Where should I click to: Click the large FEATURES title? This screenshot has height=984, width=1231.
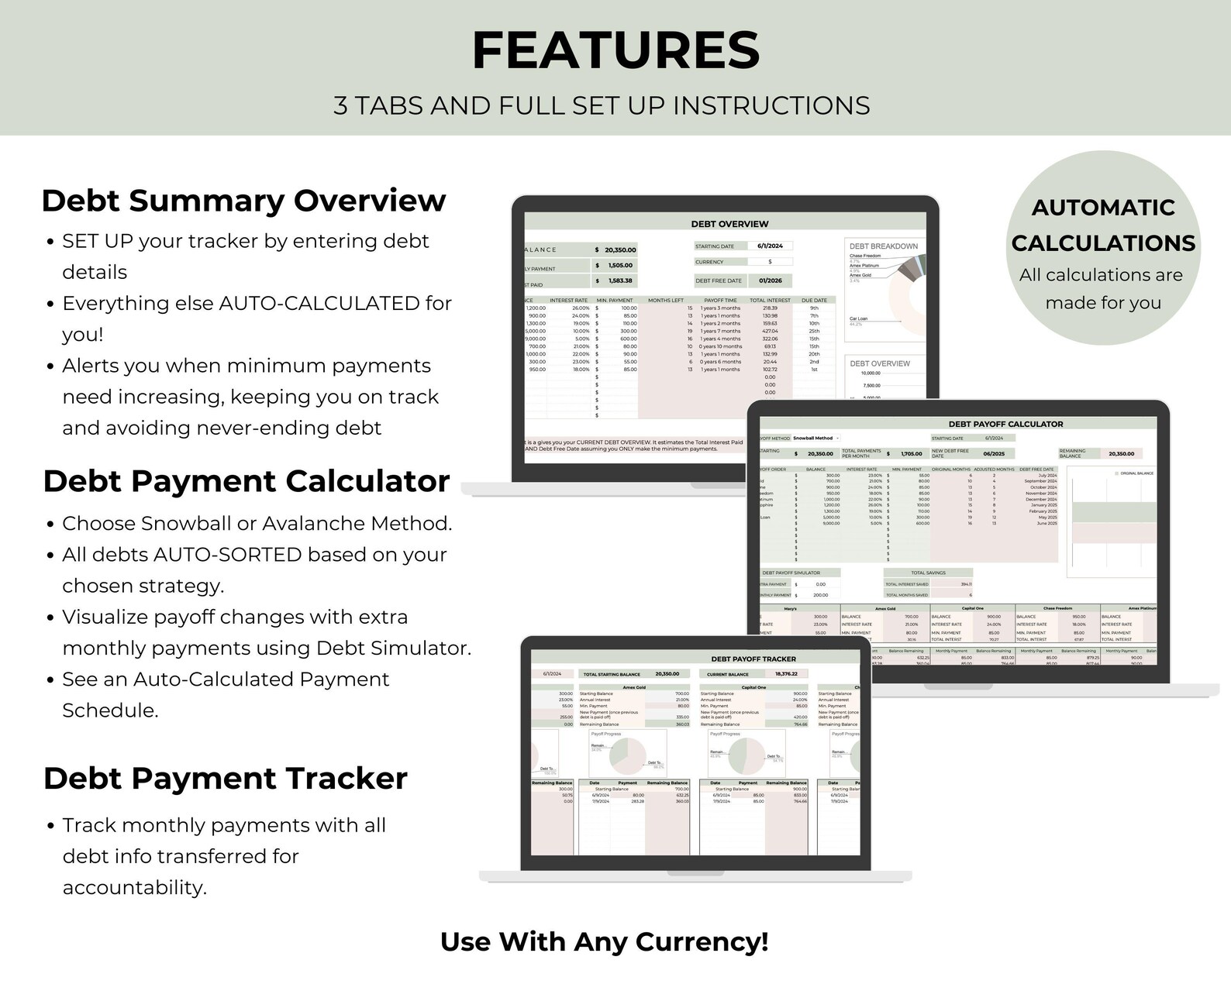(x=615, y=51)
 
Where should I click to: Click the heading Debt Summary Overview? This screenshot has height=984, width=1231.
(x=243, y=201)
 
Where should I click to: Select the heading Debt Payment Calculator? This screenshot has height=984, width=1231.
(x=247, y=481)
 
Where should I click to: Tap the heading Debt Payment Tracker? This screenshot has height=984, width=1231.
(x=225, y=779)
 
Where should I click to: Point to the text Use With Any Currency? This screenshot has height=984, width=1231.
(x=604, y=941)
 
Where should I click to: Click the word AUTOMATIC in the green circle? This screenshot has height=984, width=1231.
(x=1102, y=208)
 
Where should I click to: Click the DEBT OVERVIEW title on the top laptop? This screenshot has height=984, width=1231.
(x=729, y=224)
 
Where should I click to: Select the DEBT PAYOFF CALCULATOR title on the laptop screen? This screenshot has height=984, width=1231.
(x=1005, y=424)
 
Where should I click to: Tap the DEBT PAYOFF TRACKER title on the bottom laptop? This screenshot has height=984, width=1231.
(x=753, y=659)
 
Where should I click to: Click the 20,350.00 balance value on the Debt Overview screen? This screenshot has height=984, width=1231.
(x=620, y=249)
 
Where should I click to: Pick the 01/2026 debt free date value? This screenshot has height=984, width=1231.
(x=770, y=280)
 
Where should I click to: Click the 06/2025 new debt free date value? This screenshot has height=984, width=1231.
(x=993, y=454)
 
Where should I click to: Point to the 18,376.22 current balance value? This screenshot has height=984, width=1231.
(x=791, y=674)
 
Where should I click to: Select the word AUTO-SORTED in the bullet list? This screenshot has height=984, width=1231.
(x=228, y=555)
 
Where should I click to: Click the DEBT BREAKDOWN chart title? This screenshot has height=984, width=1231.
(x=883, y=246)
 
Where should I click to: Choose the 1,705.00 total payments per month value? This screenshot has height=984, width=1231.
(x=910, y=454)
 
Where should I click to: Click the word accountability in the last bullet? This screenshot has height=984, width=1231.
(x=133, y=888)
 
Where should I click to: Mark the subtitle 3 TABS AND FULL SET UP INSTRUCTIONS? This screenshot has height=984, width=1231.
(x=602, y=105)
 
